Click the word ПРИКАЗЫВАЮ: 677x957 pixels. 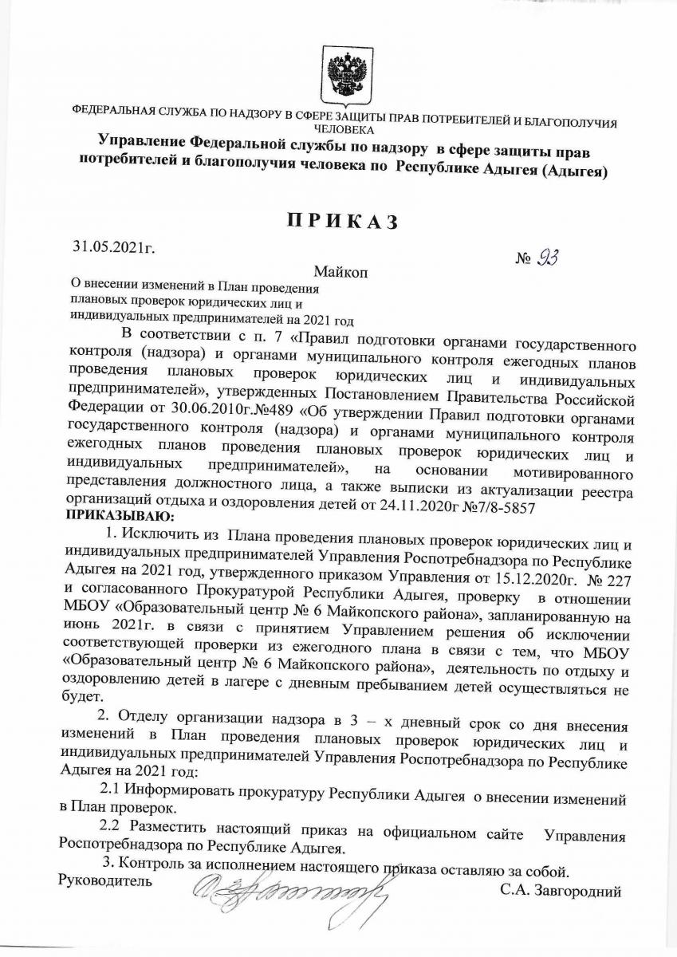click(x=111, y=518)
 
